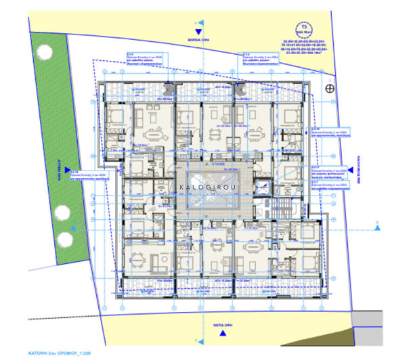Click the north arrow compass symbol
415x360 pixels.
[x=329, y=88]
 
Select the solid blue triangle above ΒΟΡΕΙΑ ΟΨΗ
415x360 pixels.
[x=198, y=31]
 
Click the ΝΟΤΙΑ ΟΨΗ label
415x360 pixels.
[x=200, y=323]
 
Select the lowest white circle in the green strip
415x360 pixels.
[x=65, y=240]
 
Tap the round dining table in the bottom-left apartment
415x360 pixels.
[x=141, y=258]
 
